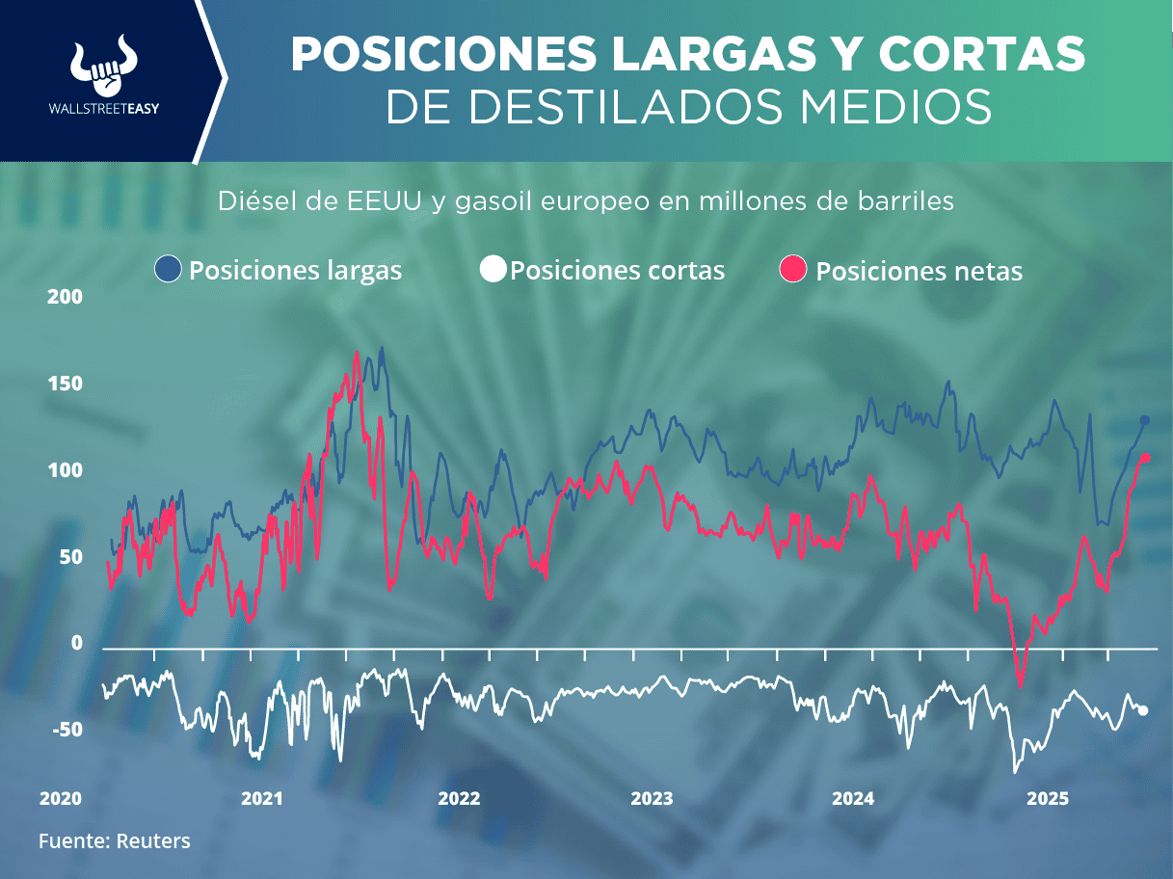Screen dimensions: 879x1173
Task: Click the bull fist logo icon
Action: pyautogui.click(x=103, y=66)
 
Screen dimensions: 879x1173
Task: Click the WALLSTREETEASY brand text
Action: pyautogui.click(x=103, y=109)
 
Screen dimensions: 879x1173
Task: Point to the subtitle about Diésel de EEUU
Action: pyautogui.click(x=585, y=201)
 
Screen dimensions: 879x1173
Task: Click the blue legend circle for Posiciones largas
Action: pyautogui.click(x=169, y=270)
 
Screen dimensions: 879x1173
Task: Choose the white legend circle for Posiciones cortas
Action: pyautogui.click(x=493, y=270)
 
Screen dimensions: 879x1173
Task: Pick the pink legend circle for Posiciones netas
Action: pyautogui.click(x=792, y=270)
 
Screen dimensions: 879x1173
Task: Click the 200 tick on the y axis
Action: pyautogui.click(x=66, y=297)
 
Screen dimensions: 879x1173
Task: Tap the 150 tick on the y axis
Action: pyautogui.click(x=66, y=384)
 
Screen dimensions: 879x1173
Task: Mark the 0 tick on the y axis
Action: pyautogui.click(x=77, y=643)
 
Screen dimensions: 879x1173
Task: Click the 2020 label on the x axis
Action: pyautogui.click(x=60, y=799)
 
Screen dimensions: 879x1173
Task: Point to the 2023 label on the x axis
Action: pyautogui.click(x=652, y=799)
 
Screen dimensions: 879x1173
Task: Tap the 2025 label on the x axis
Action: pyautogui.click(x=1047, y=799)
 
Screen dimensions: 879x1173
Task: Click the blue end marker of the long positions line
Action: pyautogui.click(x=1145, y=420)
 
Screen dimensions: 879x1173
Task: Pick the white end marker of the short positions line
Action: pyautogui.click(x=1143, y=710)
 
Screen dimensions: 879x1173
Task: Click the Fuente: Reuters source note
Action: pyautogui.click(x=115, y=840)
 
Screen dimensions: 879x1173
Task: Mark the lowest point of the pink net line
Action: pyautogui.click(x=1020, y=685)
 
